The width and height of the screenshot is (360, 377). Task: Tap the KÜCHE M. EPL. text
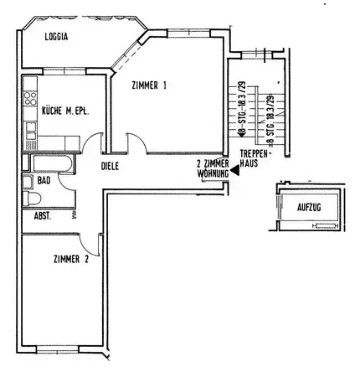point(64,110)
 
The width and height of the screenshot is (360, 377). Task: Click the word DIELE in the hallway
point(110,167)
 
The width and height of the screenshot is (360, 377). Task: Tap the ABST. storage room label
point(43,215)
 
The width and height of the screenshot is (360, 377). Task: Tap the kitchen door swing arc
point(90,142)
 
